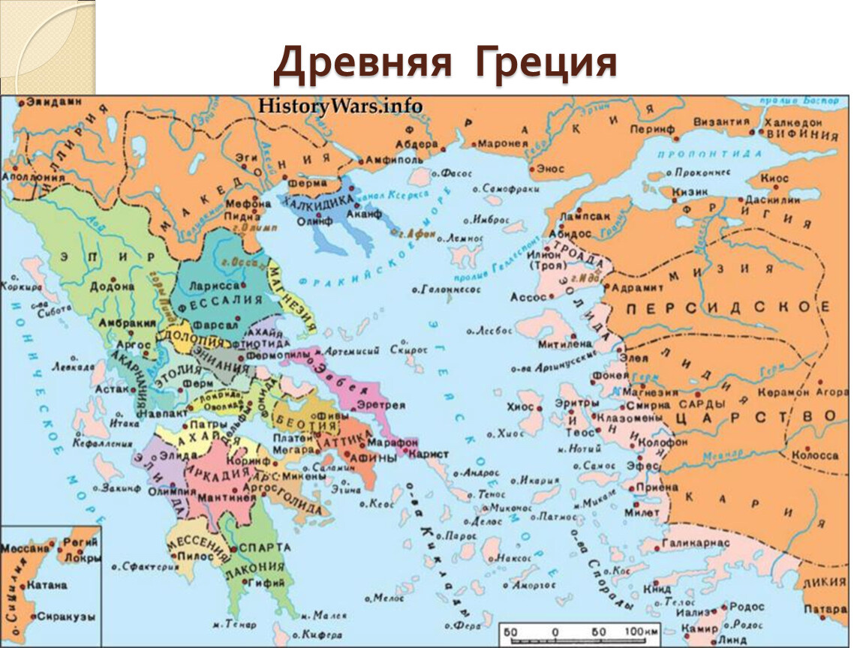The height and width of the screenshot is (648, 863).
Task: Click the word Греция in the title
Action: (x=544, y=64)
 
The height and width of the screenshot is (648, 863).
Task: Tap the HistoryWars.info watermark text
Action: (x=340, y=105)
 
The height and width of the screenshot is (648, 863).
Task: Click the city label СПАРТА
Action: (x=263, y=548)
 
